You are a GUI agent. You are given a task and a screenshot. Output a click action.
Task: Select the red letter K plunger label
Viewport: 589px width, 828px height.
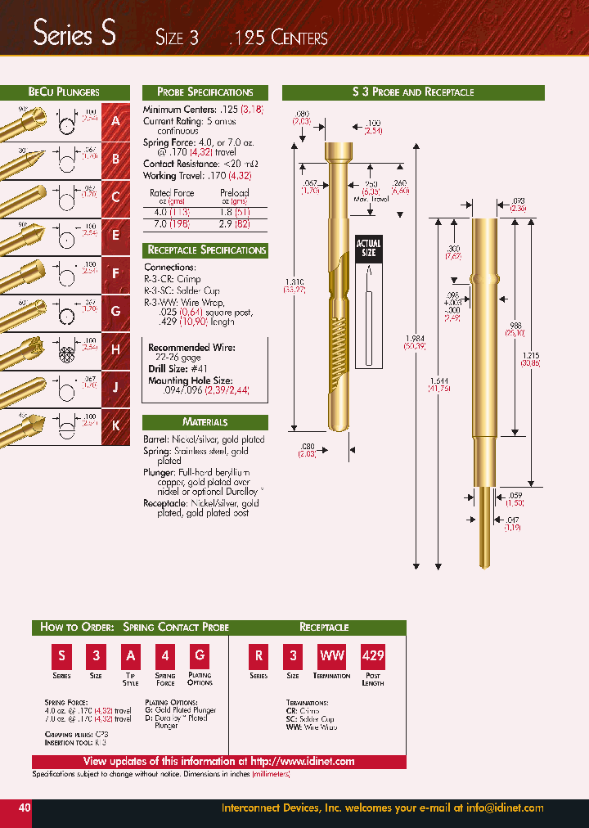115,425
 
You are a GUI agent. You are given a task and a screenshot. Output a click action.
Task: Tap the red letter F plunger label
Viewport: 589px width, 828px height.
115,273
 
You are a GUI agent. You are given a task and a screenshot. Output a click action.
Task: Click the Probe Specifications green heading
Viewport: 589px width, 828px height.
205,92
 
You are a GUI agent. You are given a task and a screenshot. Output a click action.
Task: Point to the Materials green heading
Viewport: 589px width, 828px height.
205,422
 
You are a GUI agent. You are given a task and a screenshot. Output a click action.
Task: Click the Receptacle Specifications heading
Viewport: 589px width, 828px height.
205,250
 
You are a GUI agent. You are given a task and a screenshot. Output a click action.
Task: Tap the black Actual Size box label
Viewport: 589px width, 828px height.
368,249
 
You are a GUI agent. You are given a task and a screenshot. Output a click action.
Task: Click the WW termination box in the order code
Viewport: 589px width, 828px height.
331,656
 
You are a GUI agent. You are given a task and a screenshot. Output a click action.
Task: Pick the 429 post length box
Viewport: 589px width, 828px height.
373,656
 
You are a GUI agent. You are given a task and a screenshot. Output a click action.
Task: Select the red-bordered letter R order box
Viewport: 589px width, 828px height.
258,656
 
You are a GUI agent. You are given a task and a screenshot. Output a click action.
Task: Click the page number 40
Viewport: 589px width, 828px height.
25,808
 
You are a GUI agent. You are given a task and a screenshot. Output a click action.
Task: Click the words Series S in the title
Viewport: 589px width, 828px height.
74,35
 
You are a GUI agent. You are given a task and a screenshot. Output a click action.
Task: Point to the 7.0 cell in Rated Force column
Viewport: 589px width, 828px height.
158,223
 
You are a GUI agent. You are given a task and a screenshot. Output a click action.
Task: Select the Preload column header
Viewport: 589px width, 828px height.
235,193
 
